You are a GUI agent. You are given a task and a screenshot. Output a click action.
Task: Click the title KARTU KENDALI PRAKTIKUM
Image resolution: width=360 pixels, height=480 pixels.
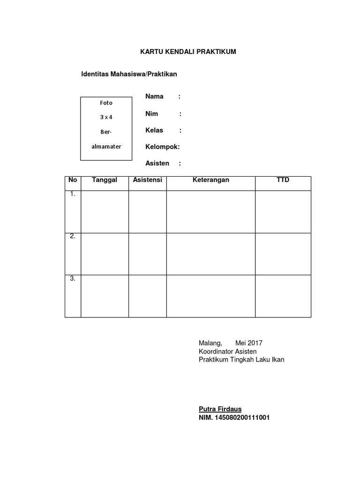[x=188, y=52]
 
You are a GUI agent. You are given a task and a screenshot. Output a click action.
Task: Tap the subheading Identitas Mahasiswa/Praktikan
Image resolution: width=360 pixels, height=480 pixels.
[x=129, y=74]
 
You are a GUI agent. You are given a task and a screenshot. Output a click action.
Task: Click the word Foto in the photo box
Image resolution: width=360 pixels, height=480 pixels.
[x=106, y=103]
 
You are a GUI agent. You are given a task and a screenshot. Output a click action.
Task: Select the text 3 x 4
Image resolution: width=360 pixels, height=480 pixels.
[x=106, y=117]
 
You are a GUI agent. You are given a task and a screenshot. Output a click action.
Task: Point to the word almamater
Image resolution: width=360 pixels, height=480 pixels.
[x=106, y=146]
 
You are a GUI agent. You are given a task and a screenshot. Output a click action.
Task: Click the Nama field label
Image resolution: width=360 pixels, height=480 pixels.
[x=154, y=97]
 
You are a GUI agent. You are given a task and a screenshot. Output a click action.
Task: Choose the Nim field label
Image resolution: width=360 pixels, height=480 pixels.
[x=152, y=113]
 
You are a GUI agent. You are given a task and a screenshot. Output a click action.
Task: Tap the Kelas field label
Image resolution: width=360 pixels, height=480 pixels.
[x=154, y=130]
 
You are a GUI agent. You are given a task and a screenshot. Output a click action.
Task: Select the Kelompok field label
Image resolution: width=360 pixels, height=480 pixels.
[x=162, y=147]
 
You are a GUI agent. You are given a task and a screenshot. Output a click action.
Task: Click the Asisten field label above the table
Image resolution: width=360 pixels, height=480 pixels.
[x=157, y=163]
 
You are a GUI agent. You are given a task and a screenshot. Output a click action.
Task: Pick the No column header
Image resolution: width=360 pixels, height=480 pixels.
[x=73, y=180]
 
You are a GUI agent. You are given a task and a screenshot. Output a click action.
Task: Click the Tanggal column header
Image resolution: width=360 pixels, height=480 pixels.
[x=105, y=180]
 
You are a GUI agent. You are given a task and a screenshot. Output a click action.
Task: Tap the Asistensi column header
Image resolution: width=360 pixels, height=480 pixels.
[x=148, y=180]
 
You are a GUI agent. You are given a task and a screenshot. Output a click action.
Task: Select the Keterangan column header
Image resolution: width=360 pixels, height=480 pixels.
[x=211, y=180]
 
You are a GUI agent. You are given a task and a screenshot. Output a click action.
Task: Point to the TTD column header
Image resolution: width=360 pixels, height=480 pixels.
[x=283, y=180]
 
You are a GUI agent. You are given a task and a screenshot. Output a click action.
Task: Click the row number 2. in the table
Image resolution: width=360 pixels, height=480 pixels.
[x=73, y=236]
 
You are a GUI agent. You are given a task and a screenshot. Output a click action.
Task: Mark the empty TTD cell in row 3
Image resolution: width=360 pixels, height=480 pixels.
[x=283, y=296]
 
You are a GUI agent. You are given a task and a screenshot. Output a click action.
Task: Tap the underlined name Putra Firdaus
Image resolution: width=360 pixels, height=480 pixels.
[x=220, y=409]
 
